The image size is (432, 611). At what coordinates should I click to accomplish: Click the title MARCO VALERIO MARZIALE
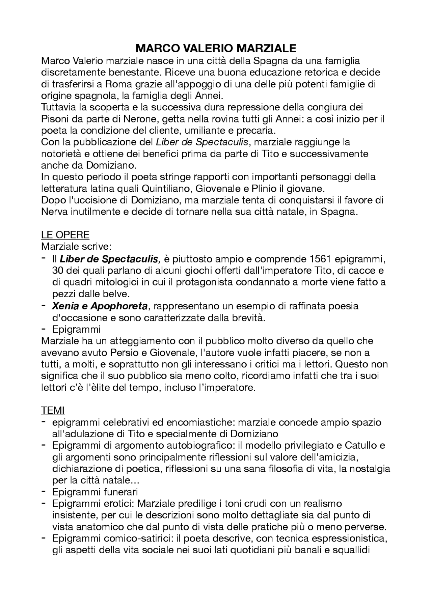tap(216, 48)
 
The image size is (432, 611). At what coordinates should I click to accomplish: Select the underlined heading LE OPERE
tap(65, 234)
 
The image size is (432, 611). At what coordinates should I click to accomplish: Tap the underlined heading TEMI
tap(53, 410)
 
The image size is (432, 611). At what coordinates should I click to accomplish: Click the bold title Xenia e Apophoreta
tap(100, 306)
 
